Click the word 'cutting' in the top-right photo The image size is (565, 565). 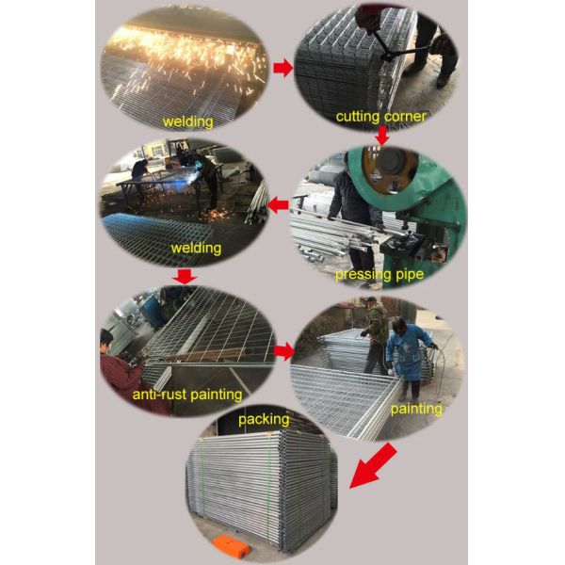click(358, 117)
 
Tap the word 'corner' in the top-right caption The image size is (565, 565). click(404, 117)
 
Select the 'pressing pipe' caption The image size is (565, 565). click(378, 275)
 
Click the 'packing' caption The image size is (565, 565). click(264, 419)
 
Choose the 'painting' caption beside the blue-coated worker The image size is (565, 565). click(415, 409)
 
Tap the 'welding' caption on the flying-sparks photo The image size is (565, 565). click(188, 121)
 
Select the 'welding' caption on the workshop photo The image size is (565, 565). click(196, 249)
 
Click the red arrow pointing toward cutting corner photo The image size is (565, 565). click(282, 67)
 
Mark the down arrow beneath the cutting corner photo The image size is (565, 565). click(381, 137)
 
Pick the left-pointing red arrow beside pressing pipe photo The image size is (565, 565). click(280, 203)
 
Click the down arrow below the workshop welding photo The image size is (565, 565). click(186, 276)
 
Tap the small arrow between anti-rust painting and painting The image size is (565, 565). click(282, 351)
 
